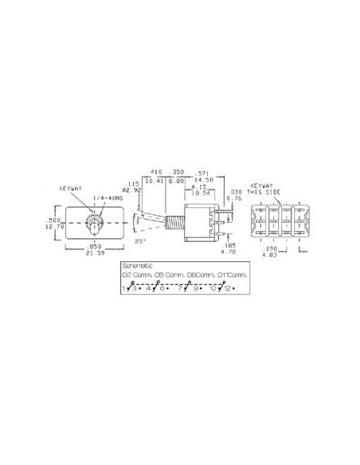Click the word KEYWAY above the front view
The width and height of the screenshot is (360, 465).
coord(70,189)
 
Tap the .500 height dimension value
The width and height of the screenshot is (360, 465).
coord(55,219)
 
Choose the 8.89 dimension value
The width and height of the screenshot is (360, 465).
coord(177,181)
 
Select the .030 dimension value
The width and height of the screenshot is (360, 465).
coord(234,192)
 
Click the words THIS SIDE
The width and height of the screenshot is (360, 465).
coord(266,193)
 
